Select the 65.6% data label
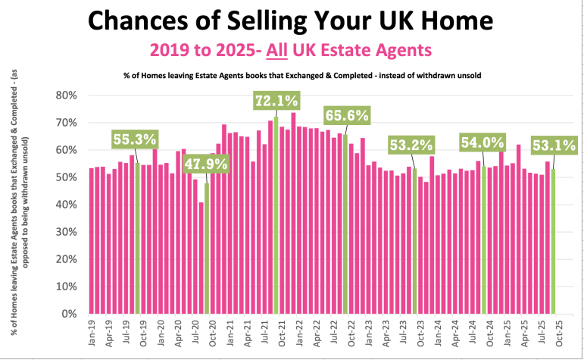click(346, 116)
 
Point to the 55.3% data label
click(136, 139)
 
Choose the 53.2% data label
click(411, 144)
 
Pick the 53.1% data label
click(554, 144)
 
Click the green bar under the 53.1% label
click(553, 243)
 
